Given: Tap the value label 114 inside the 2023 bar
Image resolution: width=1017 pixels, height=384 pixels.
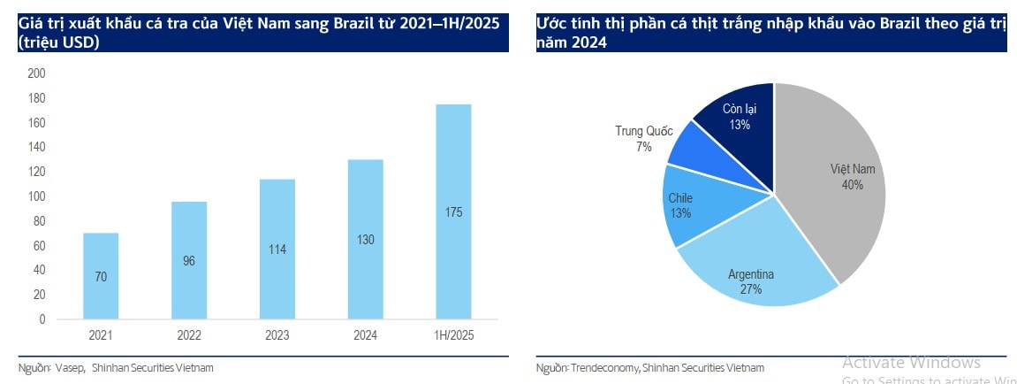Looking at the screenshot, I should pyautogui.click(x=277, y=250).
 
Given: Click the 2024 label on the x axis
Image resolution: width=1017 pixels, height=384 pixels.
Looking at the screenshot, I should pyautogui.click(x=366, y=335).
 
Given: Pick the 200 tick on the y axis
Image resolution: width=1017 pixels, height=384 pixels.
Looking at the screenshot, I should pyautogui.click(x=36, y=74).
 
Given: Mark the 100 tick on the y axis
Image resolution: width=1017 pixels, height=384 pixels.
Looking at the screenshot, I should pyautogui.click(x=36, y=197).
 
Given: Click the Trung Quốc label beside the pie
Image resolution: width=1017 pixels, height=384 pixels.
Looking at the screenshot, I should pyautogui.click(x=643, y=131).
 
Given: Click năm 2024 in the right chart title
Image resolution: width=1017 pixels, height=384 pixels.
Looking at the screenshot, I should pyautogui.click(x=572, y=42).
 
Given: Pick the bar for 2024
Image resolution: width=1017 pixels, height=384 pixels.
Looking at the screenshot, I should pyautogui.click(x=366, y=239).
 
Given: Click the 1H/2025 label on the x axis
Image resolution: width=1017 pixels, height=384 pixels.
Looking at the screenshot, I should pyautogui.click(x=454, y=335).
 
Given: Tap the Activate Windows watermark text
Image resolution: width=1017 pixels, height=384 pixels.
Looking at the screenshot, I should pyautogui.click(x=911, y=362).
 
